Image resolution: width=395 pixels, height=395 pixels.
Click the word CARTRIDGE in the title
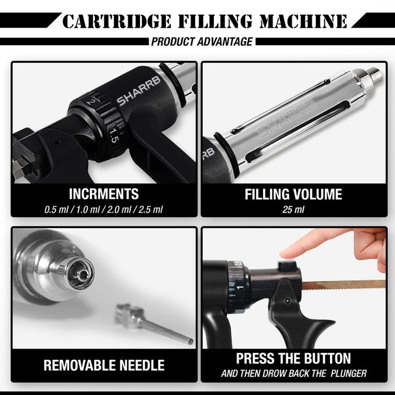pos(117,21)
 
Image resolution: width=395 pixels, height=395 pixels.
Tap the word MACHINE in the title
pos(304,21)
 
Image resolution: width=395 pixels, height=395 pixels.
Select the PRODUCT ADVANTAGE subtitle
pos(202,42)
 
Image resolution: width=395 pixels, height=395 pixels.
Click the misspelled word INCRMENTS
pos(104,194)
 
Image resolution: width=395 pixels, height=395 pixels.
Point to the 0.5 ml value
pos(56,209)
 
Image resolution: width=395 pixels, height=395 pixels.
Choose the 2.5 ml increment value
pos(151,209)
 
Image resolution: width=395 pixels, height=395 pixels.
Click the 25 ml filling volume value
pos(293,209)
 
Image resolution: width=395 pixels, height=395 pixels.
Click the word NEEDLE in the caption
pos(142,365)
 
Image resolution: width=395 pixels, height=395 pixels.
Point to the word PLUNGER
pos(349,374)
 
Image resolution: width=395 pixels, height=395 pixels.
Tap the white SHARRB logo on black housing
pos(138,91)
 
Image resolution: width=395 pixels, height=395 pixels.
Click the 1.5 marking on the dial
pos(114,135)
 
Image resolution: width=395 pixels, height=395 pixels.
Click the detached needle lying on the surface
pos(153,323)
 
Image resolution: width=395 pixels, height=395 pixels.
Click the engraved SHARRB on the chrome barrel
pos(287,118)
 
